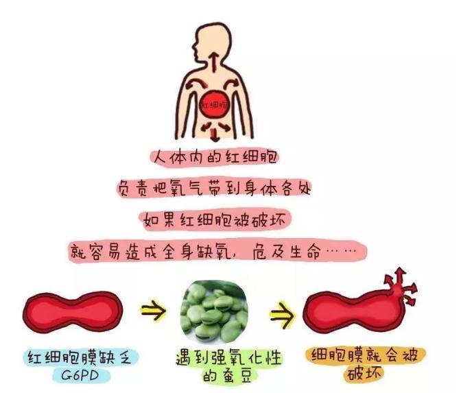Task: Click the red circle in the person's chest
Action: click(215, 105)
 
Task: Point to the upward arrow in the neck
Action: click(215, 62)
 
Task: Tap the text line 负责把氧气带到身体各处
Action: click(215, 189)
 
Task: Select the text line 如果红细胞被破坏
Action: click(215, 219)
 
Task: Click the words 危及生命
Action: click(286, 252)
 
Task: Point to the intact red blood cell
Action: click(73, 312)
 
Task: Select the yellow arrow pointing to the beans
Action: click(153, 310)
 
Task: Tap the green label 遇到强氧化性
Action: click(228, 357)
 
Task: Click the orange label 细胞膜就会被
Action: click(364, 355)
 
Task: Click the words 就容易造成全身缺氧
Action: click(152, 252)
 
